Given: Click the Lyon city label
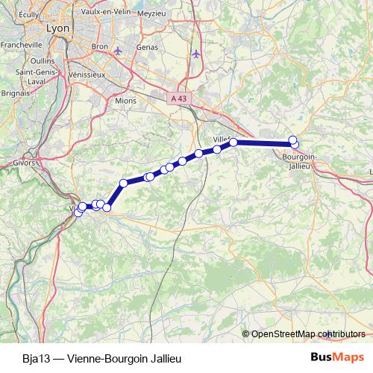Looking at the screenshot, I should [57, 28].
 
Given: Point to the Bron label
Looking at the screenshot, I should [99, 46].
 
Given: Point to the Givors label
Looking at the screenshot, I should [25, 162].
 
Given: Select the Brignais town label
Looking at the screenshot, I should [15, 93].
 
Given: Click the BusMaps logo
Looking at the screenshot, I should [336, 357].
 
